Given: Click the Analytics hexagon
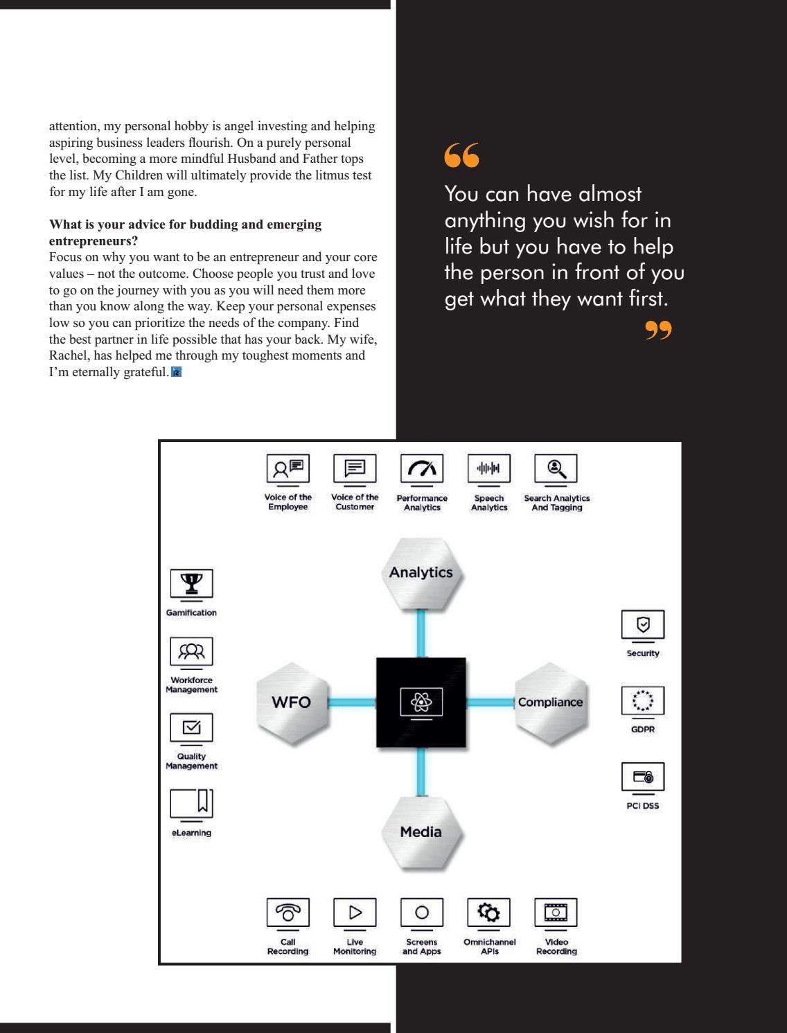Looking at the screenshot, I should click(421, 574).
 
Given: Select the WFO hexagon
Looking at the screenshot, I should click(292, 703).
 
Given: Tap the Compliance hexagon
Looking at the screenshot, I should click(550, 703).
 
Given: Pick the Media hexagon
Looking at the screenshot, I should click(421, 832).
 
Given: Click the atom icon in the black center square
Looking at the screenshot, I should click(421, 703).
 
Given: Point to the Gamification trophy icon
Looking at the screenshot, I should click(191, 583).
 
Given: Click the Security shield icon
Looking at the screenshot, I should click(643, 625).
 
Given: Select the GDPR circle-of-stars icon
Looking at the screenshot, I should click(643, 700).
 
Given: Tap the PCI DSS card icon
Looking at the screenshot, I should click(643, 777).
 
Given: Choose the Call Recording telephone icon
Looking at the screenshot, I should click(288, 912).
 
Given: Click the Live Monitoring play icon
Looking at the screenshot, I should click(355, 912).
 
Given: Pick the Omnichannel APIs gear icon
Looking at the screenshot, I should click(489, 912).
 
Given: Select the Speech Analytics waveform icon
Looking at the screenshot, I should click(489, 469).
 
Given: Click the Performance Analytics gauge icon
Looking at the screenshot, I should click(422, 469).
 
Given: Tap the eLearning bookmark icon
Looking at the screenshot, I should click(192, 804).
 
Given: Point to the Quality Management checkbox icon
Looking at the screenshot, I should click(191, 727).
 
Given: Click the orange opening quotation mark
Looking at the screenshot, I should click(461, 155).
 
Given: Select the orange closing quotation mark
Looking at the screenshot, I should click(658, 330).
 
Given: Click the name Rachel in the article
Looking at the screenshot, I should click(68, 356).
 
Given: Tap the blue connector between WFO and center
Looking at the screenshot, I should click(351, 703).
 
